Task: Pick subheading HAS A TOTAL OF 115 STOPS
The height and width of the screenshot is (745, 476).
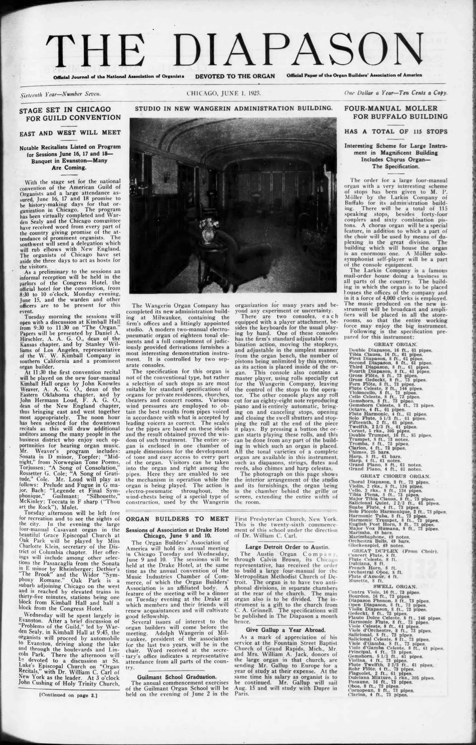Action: pyautogui.click(x=396, y=131)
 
